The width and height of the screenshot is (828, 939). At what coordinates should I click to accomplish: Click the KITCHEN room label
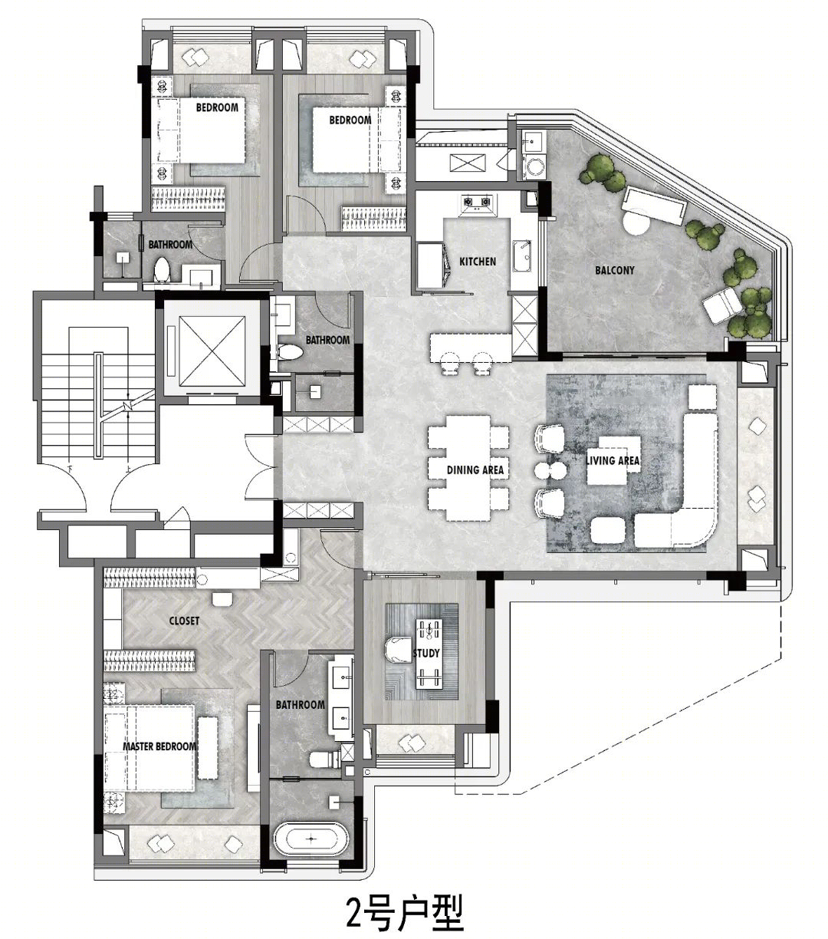[x=477, y=262]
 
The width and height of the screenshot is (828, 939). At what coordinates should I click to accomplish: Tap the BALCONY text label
[x=614, y=270]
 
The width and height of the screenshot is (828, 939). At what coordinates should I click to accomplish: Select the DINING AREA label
[x=475, y=470]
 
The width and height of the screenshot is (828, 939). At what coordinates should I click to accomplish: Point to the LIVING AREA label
[x=613, y=460]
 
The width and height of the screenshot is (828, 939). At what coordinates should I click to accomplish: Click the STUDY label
[x=426, y=653]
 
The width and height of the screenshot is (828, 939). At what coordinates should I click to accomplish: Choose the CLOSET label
[x=184, y=621]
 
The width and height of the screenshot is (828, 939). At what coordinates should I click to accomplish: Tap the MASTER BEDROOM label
[x=159, y=746]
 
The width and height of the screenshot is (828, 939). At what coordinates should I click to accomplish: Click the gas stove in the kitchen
[x=477, y=202]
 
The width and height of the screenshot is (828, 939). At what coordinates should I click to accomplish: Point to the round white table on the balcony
[x=637, y=223]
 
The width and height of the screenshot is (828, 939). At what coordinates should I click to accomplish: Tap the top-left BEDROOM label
[x=217, y=107]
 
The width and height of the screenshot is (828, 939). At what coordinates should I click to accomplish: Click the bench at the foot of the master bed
[x=208, y=747]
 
